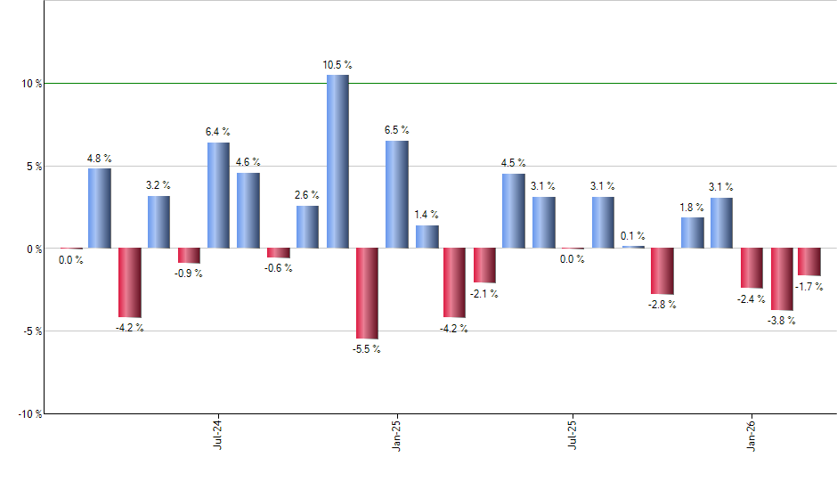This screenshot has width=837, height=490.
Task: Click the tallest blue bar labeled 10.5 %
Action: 337,161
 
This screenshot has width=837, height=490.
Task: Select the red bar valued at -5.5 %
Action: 367,293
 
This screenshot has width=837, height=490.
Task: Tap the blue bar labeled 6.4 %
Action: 218,195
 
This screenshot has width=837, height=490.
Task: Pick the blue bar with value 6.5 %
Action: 396,194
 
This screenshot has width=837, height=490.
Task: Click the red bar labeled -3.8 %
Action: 782,279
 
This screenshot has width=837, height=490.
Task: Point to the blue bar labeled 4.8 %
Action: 100,208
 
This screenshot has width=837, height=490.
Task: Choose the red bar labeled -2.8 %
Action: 662,271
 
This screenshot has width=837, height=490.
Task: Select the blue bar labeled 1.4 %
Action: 427,237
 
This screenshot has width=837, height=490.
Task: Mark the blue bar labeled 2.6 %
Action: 307,227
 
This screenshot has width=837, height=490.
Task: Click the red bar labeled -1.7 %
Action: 809,262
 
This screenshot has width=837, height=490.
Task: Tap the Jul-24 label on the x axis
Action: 218,436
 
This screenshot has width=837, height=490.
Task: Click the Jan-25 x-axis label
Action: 396,436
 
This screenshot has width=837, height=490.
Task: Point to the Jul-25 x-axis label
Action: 573,436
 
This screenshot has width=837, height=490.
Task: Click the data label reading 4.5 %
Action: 513,163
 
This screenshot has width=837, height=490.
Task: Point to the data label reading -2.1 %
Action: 485,294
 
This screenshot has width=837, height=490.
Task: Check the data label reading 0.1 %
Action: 633,236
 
